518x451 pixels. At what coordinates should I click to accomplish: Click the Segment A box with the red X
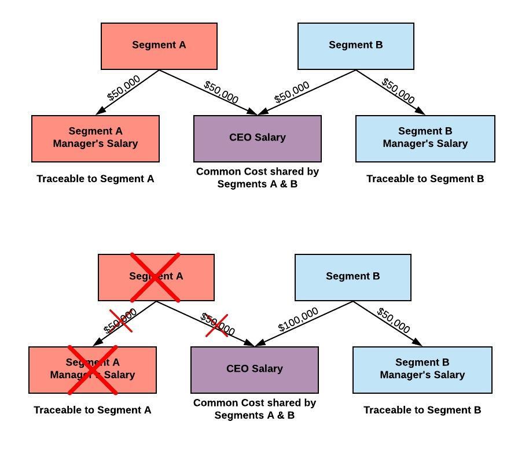pos(156,277)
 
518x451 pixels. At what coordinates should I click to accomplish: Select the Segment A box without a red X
pos(159,46)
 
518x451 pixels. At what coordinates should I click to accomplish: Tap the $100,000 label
pos(298,320)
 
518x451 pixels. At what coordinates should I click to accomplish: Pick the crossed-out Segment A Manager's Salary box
pos(93,369)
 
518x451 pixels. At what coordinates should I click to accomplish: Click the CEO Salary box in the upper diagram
pos(258,138)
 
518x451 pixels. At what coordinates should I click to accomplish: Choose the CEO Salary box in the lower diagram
pos(255,369)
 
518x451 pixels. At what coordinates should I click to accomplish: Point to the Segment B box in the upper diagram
pos(356,46)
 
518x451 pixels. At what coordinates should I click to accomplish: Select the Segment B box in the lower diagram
pos(353,277)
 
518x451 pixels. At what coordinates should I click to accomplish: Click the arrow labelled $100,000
pos(304,324)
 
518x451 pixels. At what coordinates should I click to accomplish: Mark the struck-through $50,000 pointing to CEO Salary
pos(218,324)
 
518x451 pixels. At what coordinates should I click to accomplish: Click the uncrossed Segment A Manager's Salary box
pos(95,138)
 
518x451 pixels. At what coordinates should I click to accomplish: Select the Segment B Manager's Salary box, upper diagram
pos(425,138)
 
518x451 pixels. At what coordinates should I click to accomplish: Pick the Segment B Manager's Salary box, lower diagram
pos(423,369)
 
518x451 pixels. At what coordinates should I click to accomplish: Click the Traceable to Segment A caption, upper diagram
pos(95,179)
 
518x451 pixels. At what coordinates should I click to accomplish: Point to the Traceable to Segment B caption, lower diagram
pos(423,410)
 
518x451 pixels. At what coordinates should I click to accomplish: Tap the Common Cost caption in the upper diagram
pos(258,178)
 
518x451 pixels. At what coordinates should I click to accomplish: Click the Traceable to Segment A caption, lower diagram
pos(93,410)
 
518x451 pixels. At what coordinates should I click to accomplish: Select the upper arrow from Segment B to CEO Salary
pos(307,93)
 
